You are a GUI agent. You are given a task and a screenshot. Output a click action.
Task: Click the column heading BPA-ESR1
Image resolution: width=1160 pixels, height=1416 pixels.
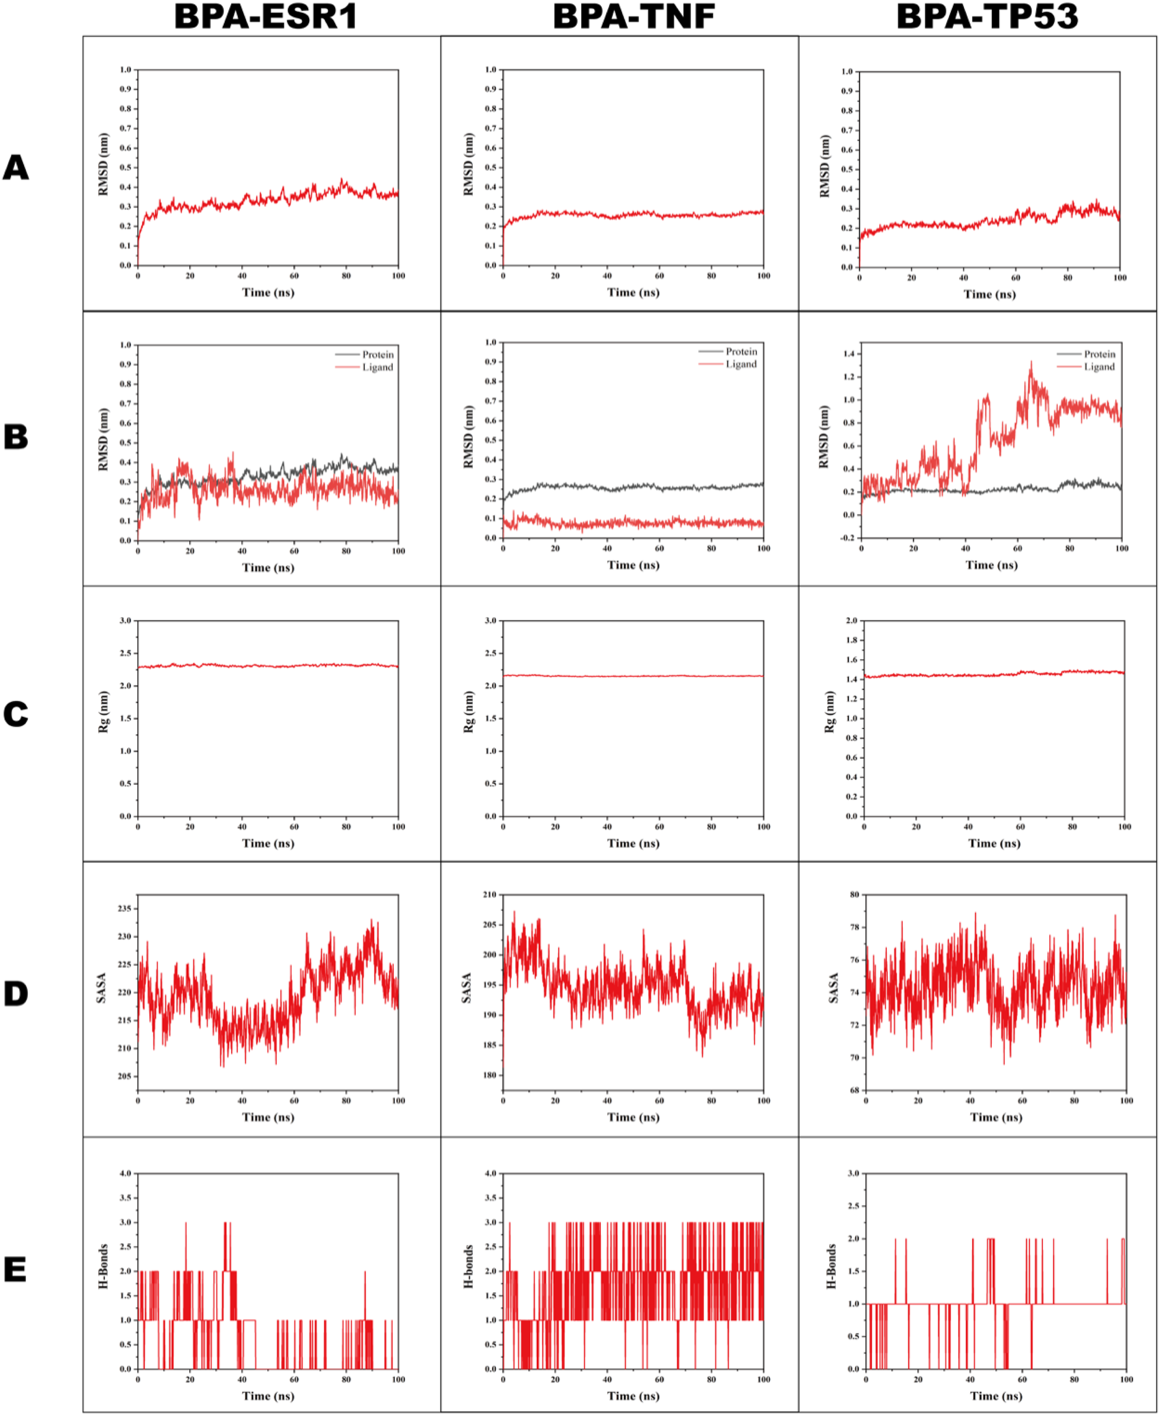[266, 17]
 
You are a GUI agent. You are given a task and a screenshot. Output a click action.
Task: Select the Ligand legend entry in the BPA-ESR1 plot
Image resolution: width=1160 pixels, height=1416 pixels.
[377, 367]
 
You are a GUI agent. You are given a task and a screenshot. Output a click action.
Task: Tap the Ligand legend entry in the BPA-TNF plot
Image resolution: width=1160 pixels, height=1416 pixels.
[741, 364]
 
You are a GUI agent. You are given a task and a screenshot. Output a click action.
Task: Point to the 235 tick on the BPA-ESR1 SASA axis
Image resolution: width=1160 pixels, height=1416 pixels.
[124, 908]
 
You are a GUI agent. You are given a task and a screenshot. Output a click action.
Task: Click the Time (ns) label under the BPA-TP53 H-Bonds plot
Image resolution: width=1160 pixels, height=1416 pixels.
[995, 1396]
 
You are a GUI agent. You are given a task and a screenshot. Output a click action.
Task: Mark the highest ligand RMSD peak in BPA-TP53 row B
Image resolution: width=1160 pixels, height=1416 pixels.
[1030, 362]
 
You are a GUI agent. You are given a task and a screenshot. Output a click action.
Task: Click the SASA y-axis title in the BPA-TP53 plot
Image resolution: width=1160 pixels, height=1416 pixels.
[833, 988]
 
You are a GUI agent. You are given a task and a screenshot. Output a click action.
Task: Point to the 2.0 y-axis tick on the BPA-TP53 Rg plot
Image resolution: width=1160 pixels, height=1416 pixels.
[851, 621]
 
